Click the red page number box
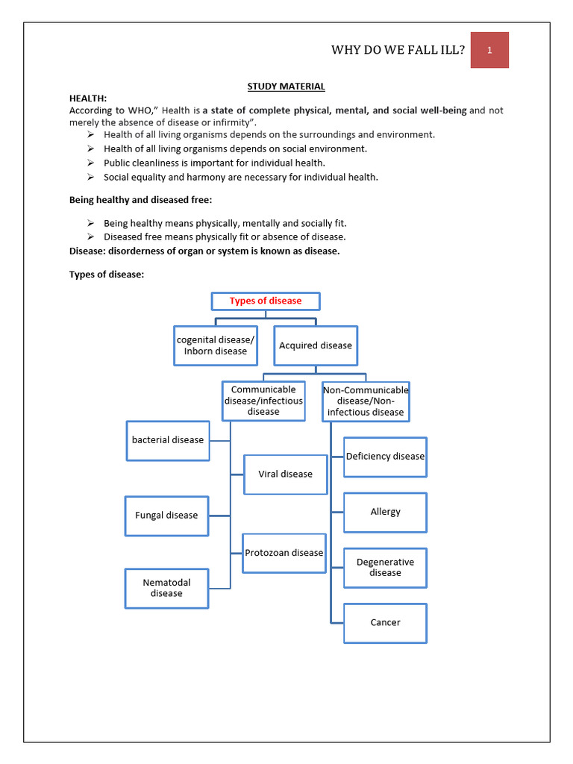(489, 50)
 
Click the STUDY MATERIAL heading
(286, 87)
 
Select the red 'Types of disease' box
(266, 301)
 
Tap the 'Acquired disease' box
(316, 345)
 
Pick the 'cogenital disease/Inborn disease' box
(216, 345)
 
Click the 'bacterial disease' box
(168, 440)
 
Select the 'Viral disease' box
(286, 475)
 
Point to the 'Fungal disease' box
(166, 516)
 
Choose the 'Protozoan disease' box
(284, 553)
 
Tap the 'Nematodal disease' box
(166, 588)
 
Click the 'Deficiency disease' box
(385, 457)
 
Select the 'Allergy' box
(385, 512)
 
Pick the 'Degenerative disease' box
(385, 568)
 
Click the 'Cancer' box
(385, 623)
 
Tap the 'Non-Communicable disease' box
(366, 401)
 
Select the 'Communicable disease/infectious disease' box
(263, 401)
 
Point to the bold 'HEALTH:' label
(88, 98)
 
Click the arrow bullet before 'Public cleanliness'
(90, 163)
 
